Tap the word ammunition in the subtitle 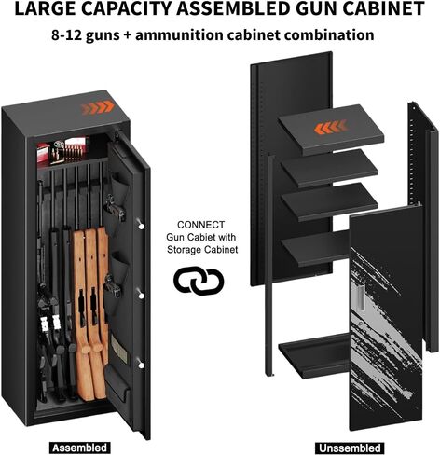179,34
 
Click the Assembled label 80,448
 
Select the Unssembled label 350,448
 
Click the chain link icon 199,280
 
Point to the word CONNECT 200,225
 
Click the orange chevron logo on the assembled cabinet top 98,108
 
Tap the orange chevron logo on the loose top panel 330,128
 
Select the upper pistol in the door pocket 115,208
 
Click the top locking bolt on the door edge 141,226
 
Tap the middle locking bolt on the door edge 141,296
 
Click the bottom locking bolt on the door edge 141,365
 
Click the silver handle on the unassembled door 359,298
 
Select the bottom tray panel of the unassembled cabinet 314,355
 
